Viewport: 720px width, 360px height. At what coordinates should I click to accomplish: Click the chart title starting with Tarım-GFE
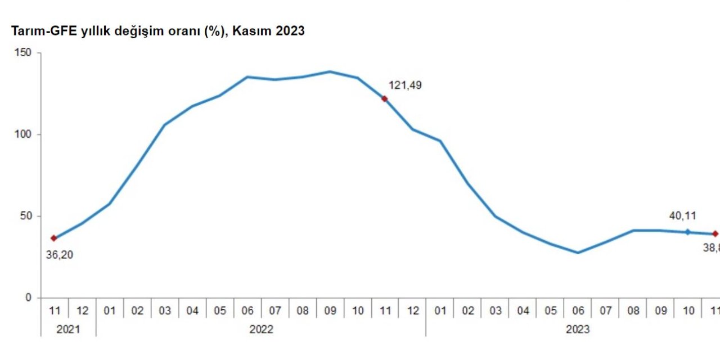157,31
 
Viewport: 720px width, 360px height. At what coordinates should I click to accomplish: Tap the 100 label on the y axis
24,135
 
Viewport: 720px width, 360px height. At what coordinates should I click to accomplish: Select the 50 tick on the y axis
27,217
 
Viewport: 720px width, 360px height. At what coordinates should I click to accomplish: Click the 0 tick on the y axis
29,298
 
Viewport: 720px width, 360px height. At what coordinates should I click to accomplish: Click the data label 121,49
405,85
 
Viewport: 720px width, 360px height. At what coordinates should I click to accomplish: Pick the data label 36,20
59,255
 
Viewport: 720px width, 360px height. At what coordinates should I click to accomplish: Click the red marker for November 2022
385,98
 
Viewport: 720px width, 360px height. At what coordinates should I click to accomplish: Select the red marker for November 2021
54,238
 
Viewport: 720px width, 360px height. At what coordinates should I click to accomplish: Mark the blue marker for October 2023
687,232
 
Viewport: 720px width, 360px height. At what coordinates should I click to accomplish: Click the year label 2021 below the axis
68,329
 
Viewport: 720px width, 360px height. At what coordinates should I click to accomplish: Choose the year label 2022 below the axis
261,329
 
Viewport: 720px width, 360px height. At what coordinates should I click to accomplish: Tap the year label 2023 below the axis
578,329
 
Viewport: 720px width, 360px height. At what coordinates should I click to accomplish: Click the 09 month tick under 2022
330,310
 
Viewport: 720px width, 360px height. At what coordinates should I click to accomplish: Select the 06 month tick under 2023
578,310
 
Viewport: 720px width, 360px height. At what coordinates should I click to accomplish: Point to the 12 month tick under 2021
82,310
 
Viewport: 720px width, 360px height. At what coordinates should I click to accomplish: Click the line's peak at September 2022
330,71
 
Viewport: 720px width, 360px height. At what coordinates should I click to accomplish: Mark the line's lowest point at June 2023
578,253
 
